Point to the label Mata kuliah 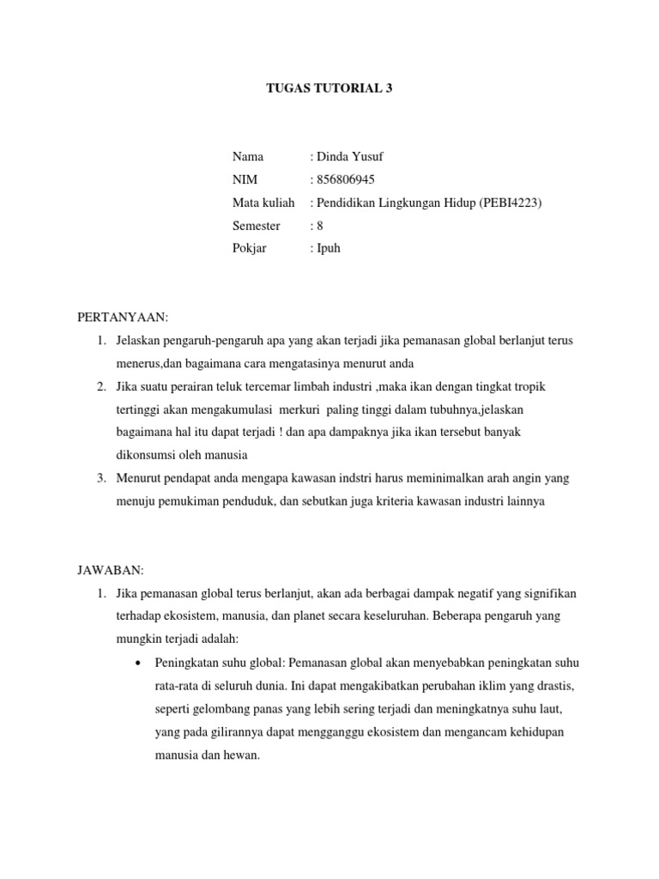click(263, 203)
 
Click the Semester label click(256, 226)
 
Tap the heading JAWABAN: click(111, 570)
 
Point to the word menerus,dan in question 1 click(150, 363)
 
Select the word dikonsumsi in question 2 click(148, 455)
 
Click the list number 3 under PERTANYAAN click(100, 478)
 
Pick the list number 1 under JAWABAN click(100, 593)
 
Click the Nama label click(248, 156)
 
